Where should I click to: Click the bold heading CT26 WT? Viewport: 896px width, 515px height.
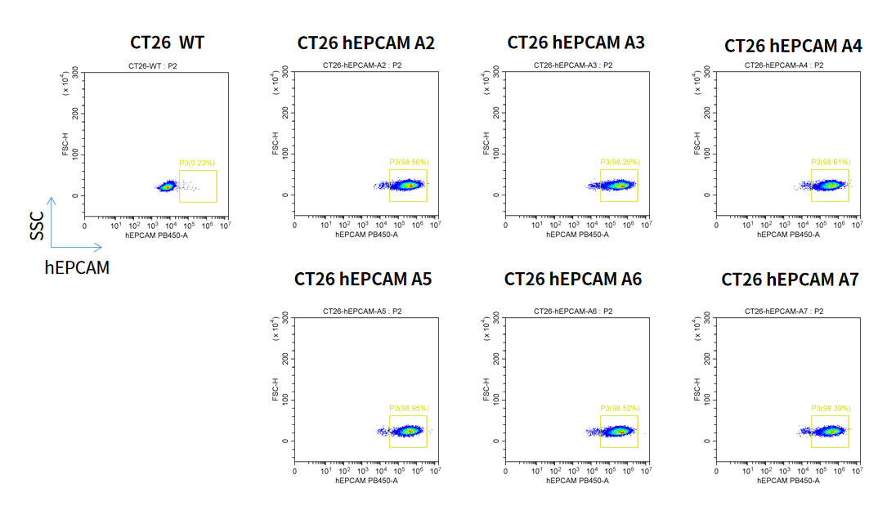tap(167, 42)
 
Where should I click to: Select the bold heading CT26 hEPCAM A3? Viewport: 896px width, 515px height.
tap(576, 42)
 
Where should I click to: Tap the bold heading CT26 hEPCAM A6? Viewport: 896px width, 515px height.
tap(573, 280)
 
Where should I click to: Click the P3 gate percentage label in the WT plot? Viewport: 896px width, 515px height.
tap(198, 163)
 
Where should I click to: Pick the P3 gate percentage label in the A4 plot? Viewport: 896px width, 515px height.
tap(831, 163)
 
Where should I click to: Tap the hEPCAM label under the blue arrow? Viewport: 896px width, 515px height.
tap(76, 267)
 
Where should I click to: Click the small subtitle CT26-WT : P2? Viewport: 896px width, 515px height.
tap(153, 65)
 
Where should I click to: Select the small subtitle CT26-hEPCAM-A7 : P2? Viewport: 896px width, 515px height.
tap(783, 311)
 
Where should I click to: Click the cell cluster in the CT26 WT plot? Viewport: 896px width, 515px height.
tap(168, 186)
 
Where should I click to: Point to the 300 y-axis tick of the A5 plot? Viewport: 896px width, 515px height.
tap(285, 316)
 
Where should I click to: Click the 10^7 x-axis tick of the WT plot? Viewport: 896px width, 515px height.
tap(224, 226)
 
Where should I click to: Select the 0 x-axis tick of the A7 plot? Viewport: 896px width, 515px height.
tap(717, 471)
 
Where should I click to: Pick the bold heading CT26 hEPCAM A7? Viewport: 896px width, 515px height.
tap(790, 280)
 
